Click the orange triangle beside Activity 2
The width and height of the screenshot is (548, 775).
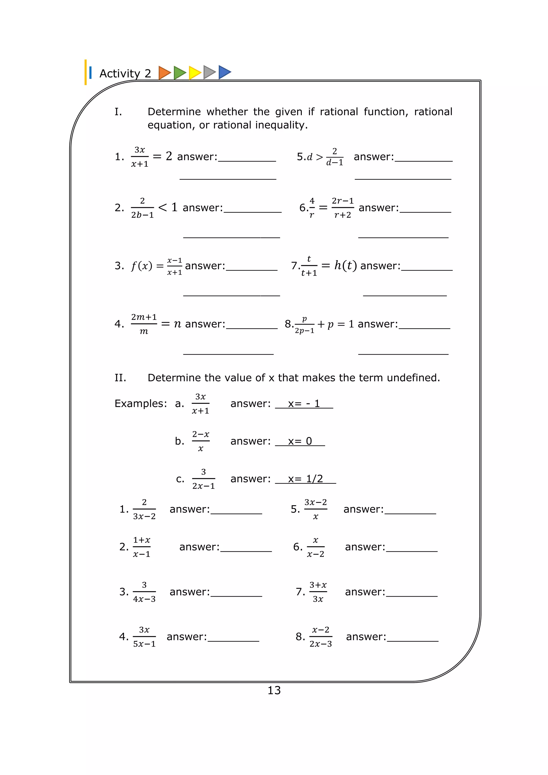pyautogui.click(x=164, y=73)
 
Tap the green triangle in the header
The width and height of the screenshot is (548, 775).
pyautogui.click(x=179, y=73)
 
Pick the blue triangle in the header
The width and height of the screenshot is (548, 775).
pyautogui.click(x=224, y=72)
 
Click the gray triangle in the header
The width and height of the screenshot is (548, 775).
pyautogui.click(x=209, y=72)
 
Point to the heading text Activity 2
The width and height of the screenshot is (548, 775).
pyautogui.click(x=125, y=73)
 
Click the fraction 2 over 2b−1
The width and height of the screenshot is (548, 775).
pyautogui.click(x=142, y=208)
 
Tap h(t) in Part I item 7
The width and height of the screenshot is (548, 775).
pyautogui.click(x=345, y=266)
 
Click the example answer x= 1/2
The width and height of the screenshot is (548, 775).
pyautogui.click(x=305, y=479)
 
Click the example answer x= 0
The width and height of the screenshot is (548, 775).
pyautogui.click(x=300, y=441)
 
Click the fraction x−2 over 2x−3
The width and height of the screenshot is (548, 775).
pyautogui.click(x=321, y=637)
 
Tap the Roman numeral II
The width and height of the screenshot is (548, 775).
pyautogui.click(x=120, y=378)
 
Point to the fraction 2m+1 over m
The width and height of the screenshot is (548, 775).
pyautogui.click(x=144, y=324)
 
